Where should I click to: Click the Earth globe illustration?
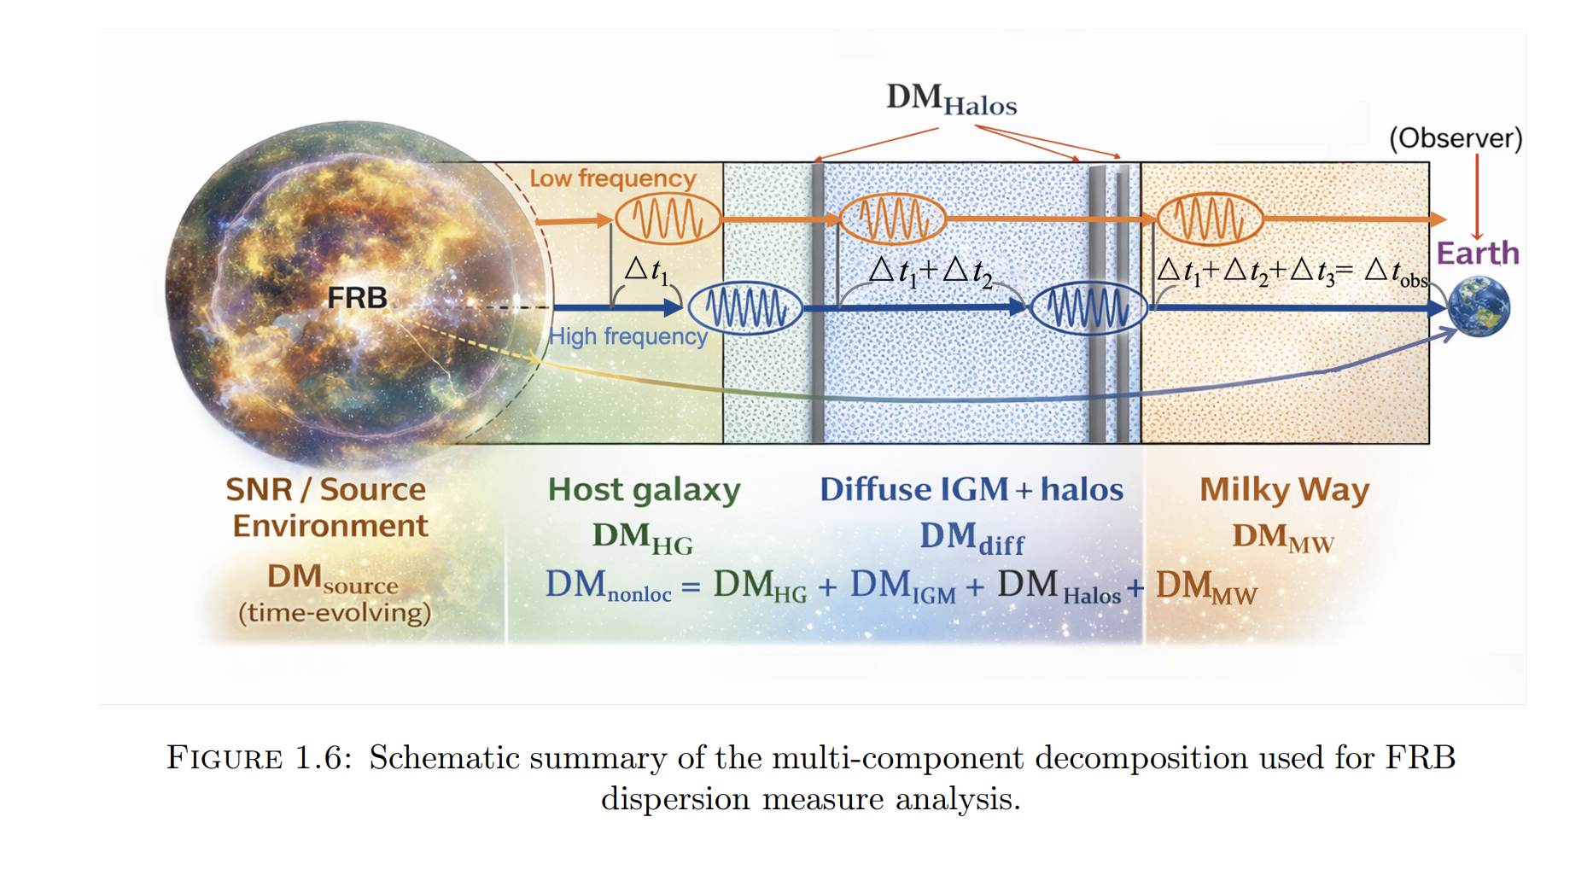click(1479, 306)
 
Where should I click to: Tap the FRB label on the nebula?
click(357, 298)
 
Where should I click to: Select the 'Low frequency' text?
click(613, 178)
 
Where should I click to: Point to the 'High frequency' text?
click(628, 336)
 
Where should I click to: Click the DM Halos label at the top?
click(952, 100)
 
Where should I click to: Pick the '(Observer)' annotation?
click(1456, 138)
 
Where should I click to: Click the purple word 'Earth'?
click(1478, 253)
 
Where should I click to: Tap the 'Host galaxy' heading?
click(645, 490)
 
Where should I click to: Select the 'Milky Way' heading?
click(1285, 490)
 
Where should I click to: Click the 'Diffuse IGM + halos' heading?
click(972, 489)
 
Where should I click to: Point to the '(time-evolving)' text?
click(335, 613)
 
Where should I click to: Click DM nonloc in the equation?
click(609, 586)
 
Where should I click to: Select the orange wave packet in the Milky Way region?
click(1208, 219)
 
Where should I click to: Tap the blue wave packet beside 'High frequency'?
click(745, 307)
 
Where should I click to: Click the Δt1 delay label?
click(646, 271)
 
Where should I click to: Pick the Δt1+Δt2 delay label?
click(931, 272)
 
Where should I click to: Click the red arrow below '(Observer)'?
click(1477, 197)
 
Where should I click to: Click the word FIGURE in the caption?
click(225, 758)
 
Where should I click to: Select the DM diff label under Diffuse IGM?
click(972, 538)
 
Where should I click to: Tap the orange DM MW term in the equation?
click(1206, 587)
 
